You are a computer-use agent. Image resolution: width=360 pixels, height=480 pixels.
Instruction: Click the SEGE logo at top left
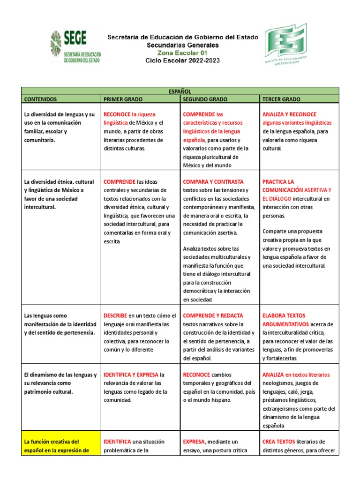75,47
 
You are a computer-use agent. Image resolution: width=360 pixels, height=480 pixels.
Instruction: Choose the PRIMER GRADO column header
123,99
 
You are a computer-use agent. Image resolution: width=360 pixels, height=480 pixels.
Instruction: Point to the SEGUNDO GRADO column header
205,99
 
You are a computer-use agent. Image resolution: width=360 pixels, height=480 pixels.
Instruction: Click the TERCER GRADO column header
282,99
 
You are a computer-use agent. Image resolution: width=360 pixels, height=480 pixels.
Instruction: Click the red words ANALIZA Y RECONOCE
289,114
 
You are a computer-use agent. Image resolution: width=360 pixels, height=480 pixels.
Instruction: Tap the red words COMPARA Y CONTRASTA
213,182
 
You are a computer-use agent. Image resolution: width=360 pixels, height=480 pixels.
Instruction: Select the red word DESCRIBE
115,316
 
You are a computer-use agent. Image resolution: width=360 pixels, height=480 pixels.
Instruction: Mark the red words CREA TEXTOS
278,442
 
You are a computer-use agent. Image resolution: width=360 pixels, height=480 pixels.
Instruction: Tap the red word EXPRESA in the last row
194,442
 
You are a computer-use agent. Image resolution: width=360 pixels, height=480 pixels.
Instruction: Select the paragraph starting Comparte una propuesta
297,248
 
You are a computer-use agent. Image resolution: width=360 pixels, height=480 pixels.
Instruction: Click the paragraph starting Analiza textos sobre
217,274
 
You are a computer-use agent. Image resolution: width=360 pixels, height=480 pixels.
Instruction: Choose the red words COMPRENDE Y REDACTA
213,316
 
